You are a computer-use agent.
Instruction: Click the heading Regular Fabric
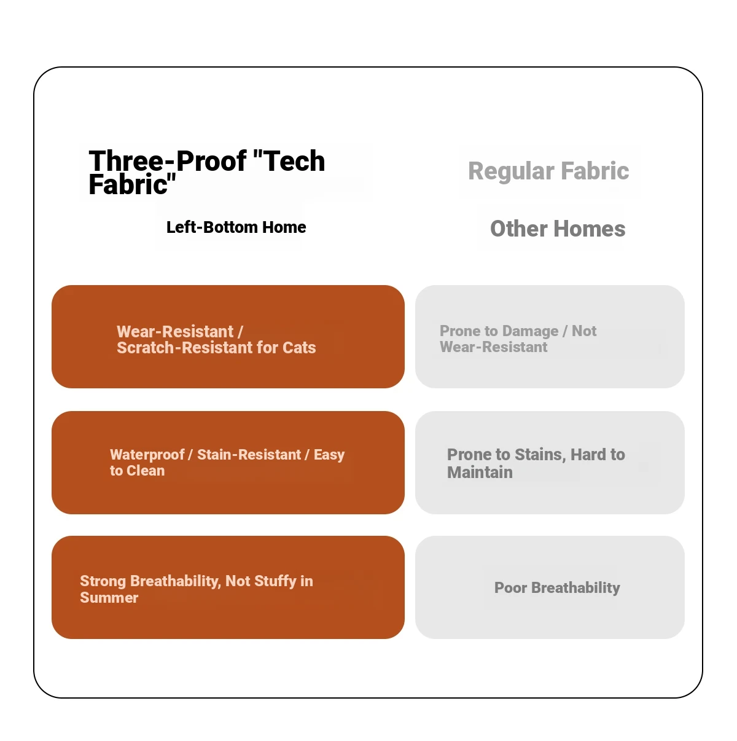548,171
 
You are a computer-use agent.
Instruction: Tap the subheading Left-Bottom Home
236,227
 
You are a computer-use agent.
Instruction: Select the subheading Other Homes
558,229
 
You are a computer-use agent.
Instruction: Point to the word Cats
299,348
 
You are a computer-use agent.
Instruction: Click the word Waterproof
147,455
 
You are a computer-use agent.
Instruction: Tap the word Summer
109,598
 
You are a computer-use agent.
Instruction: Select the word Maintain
480,472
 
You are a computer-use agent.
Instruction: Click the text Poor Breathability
557,587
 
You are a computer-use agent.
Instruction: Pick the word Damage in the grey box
530,331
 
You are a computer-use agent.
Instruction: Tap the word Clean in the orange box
146,471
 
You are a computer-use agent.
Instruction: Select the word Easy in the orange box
329,455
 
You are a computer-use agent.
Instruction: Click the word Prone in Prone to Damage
460,331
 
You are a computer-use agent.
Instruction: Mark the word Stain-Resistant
249,455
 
